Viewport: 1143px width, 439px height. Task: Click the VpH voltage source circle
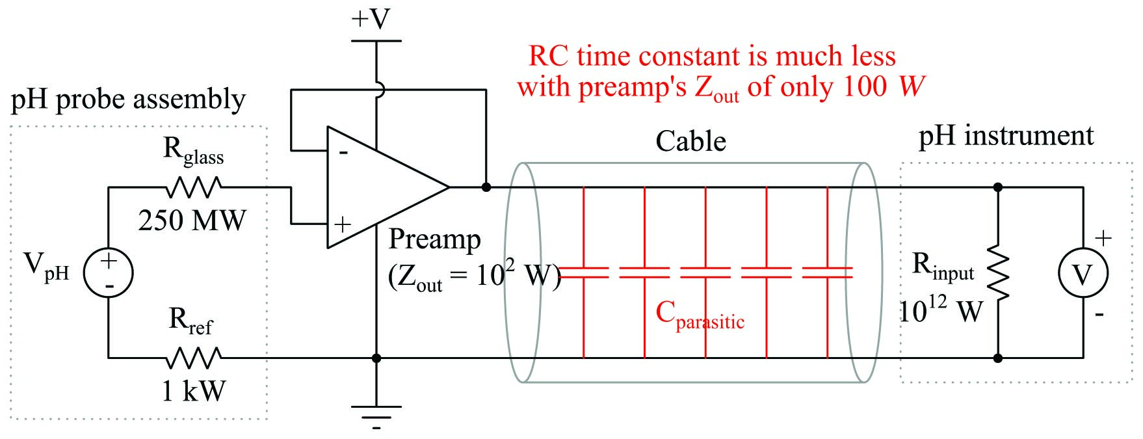[x=108, y=273]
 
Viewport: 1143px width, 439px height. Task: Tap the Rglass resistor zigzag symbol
[x=194, y=188]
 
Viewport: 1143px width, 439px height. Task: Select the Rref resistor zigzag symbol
[x=194, y=358]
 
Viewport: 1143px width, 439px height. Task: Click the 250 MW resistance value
[x=192, y=220]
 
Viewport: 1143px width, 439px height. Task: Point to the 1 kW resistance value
[x=193, y=391]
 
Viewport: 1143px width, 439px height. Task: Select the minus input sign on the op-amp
[x=343, y=153]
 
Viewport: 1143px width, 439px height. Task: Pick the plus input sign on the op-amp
[x=343, y=224]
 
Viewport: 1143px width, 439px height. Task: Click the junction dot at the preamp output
[x=486, y=187]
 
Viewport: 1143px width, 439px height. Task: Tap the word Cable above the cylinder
[x=690, y=141]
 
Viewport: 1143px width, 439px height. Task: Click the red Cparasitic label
[x=700, y=315]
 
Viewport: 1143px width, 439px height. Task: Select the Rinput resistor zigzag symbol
[x=998, y=273]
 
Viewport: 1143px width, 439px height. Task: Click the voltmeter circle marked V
[x=1083, y=274]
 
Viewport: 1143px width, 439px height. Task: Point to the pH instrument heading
[x=1006, y=136]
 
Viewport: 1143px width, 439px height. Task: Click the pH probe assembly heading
[x=128, y=100]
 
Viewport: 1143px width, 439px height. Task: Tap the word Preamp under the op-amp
[x=434, y=239]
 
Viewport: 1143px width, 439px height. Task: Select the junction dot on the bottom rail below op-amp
[x=376, y=358]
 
